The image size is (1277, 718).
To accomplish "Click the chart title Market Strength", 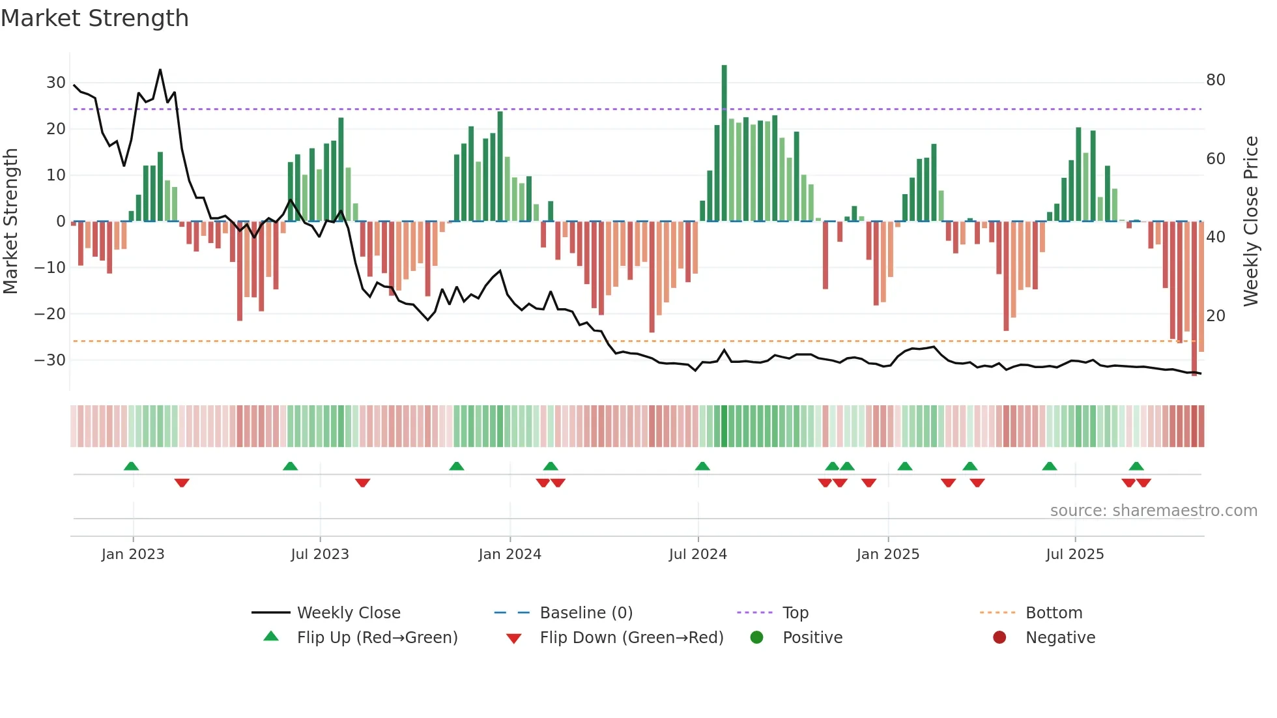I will (x=94, y=18).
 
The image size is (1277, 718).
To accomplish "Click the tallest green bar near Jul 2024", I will (x=724, y=143).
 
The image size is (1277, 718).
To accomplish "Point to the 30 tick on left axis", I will (x=56, y=83).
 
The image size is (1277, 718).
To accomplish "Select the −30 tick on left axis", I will (x=50, y=360).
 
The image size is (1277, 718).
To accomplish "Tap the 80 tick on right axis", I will (x=1215, y=80).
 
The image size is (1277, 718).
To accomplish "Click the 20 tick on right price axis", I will (x=1215, y=316).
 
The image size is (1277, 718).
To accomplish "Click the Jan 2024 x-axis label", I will (x=509, y=554).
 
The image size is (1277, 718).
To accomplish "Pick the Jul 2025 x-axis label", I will (x=1074, y=554).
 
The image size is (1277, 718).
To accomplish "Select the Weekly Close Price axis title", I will (x=1250, y=222).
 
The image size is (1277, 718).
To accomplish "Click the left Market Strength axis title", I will (x=10, y=222).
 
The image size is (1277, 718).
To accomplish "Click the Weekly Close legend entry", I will (x=349, y=613).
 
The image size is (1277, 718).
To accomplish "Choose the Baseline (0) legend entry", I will (x=586, y=613).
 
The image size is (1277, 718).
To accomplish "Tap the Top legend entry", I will (x=795, y=613).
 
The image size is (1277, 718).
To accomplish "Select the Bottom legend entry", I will (x=1054, y=613).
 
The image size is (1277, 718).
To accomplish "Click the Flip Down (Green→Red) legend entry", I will (x=631, y=638).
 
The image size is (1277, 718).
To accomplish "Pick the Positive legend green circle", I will (x=756, y=638).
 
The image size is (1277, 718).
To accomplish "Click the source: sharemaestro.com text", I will (x=1153, y=511).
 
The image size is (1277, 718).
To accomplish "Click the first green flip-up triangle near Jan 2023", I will (x=131, y=466).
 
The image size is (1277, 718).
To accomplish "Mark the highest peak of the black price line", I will (x=160, y=70).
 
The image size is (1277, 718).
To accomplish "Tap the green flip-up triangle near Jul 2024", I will (x=702, y=466).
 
